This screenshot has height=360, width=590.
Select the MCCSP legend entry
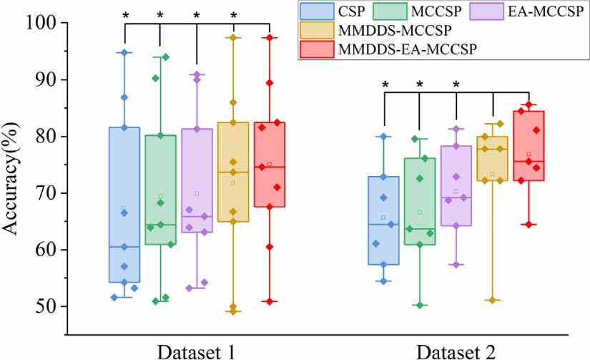tap(406, 11)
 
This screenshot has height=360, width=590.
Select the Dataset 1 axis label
tap(196, 351)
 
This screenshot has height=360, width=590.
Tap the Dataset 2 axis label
tap(456, 351)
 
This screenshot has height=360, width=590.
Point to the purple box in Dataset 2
tap(456, 186)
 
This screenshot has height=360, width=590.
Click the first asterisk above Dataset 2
tap(385, 85)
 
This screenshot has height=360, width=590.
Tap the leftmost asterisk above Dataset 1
tap(125, 15)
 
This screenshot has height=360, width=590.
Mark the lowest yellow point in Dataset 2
tap(491, 300)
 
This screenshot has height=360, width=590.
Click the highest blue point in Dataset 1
tap(124, 53)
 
